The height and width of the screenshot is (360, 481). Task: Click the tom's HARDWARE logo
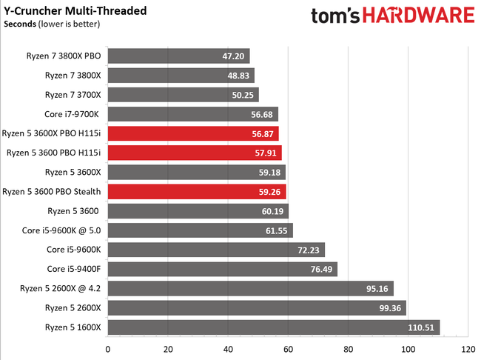pos(392,16)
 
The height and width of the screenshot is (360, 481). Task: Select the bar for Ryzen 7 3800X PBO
pos(178,56)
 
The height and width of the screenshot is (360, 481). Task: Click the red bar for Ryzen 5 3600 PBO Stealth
pos(197,191)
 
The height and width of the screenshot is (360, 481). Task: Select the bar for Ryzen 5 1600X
pos(274,327)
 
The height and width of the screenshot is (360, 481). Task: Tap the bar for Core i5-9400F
pos(222,269)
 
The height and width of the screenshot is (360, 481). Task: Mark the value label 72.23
pos(309,250)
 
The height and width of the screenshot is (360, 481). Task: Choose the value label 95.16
pos(377,288)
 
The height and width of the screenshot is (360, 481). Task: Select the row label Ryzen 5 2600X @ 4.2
pos(55,288)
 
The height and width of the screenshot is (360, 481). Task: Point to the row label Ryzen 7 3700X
pos(73,95)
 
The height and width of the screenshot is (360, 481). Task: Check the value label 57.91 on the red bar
pos(266,153)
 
